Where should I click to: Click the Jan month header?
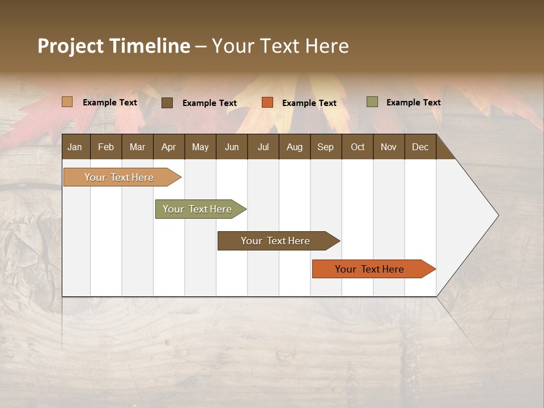pyautogui.click(x=75, y=147)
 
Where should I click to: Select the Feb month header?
pyautogui.click(x=106, y=147)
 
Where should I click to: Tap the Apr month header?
pyautogui.click(x=168, y=147)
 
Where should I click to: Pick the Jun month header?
pyautogui.click(x=232, y=147)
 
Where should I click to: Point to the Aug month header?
pyautogui.click(x=294, y=147)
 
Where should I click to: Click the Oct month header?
pyautogui.click(x=358, y=147)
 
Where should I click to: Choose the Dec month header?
pyautogui.click(x=420, y=147)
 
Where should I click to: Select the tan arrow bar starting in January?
pyautogui.click(x=119, y=177)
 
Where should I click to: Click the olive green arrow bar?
pyautogui.click(x=198, y=209)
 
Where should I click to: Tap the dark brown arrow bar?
pyautogui.click(x=275, y=241)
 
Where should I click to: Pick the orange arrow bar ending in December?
pyautogui.click(x=370, y=269)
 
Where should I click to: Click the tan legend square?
pyautogui.click(x=67, y=102)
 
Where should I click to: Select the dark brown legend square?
pyautogui.click(x=167, y=103)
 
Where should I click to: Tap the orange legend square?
pyautogui.click(x=267, y=103)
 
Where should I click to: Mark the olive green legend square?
pyautogui.click(x=372, y=102)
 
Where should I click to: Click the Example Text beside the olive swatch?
pyautogui.click(x=413, y=103)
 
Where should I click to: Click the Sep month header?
pyautogui.click(x=325, y=147)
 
